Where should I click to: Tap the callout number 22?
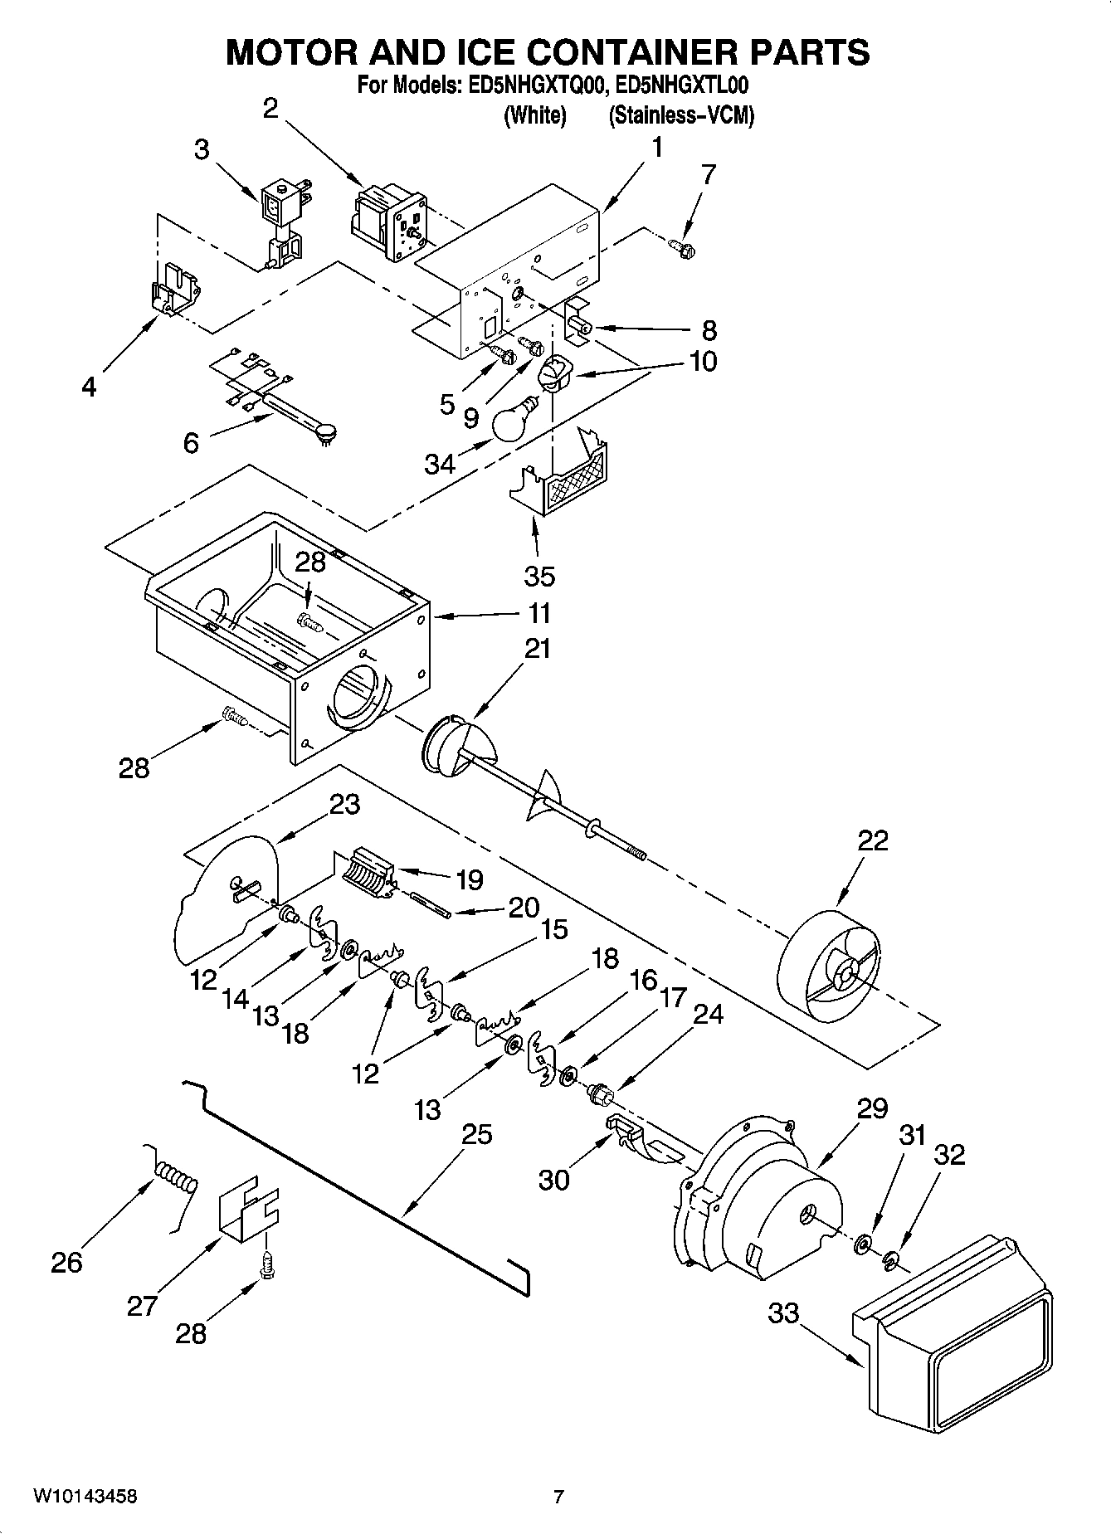[871, 841]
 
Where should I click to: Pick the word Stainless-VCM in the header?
[681, 115]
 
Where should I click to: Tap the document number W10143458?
[85, 1496]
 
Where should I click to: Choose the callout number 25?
[475, 1133]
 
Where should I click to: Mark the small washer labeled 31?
[863, 1242]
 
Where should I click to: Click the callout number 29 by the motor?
[871, 1108]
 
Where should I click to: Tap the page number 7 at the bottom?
[558, 1497]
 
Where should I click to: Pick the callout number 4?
[89, 387]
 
